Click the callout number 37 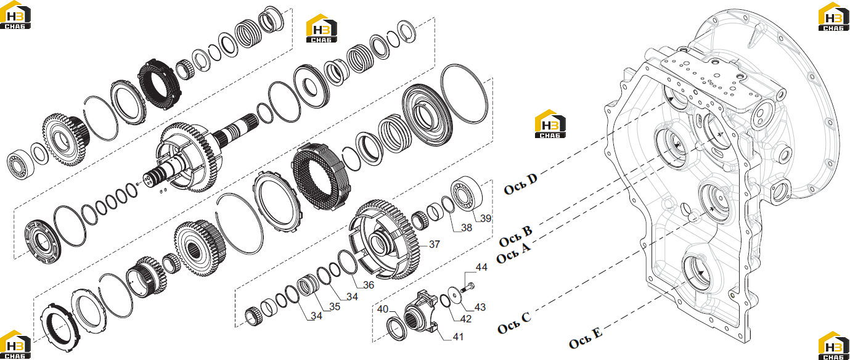[434, 244]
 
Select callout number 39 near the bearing [486, 218]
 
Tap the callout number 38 [467, 227]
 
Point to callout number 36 [369, 285]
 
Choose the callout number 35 [334, 306]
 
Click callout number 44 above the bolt [481, 267]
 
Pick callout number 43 [480, 307]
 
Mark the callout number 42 [465, 319]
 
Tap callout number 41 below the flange [459, 337]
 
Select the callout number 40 [383, 309]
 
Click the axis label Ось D [521, 184]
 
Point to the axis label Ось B [516, 237]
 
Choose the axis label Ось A [513, 253]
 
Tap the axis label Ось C [514, 323]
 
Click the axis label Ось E [586, 338]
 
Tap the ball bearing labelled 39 [467, 196]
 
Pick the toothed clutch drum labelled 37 [384, 240]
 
